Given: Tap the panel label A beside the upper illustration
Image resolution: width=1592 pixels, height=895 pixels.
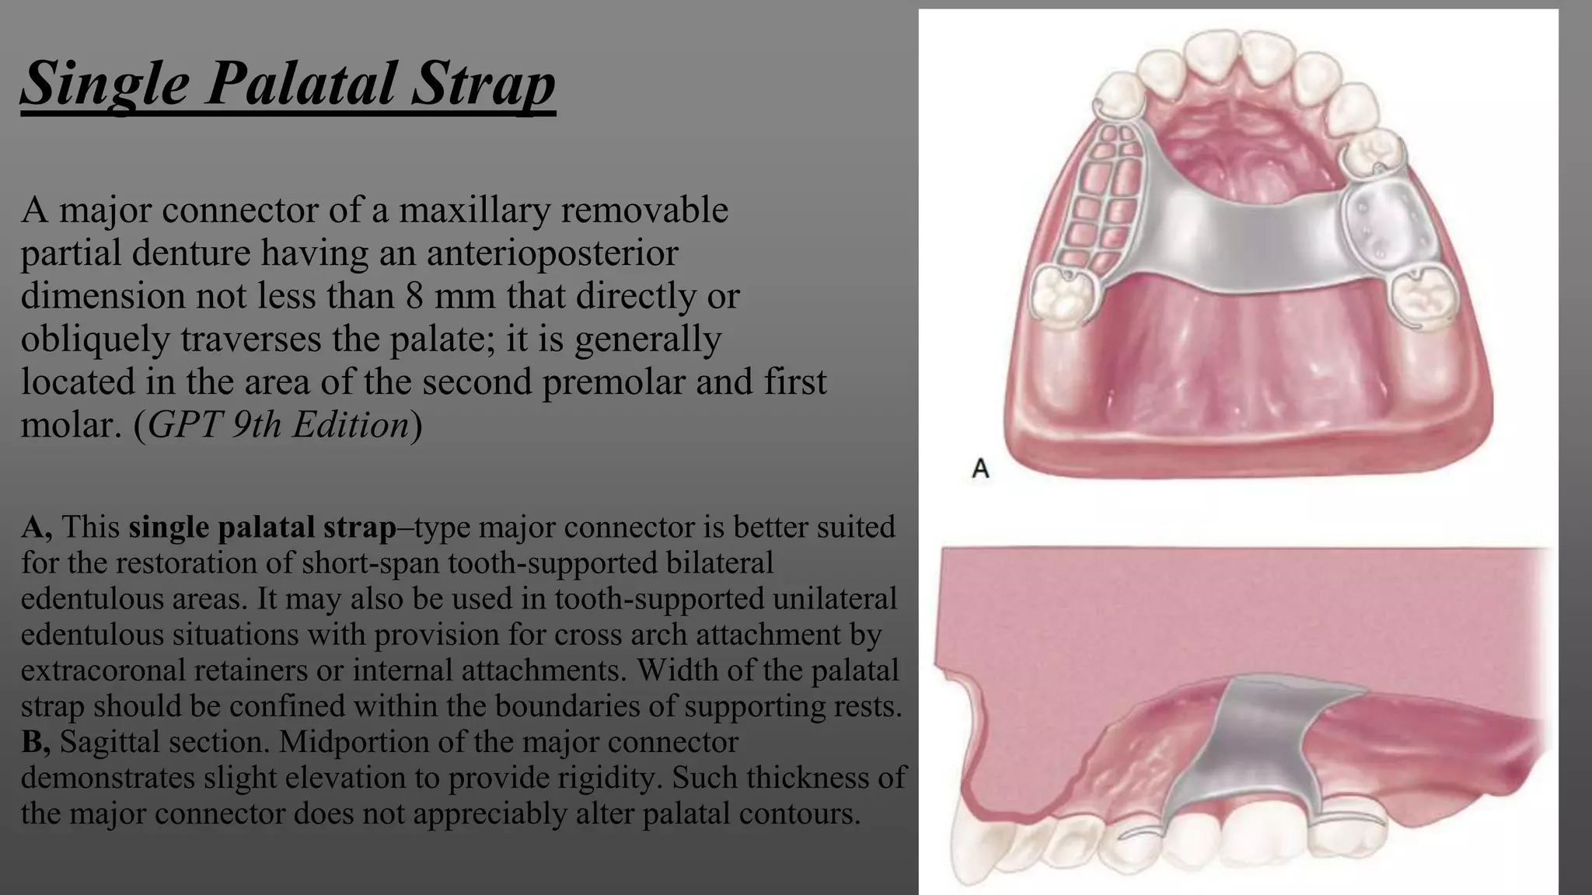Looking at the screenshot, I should [x=980, y=468].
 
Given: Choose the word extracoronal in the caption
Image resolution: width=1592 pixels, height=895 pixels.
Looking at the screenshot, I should [x=103, y=670].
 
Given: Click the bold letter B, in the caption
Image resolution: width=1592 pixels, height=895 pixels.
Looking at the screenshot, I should [x=36, y=741].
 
